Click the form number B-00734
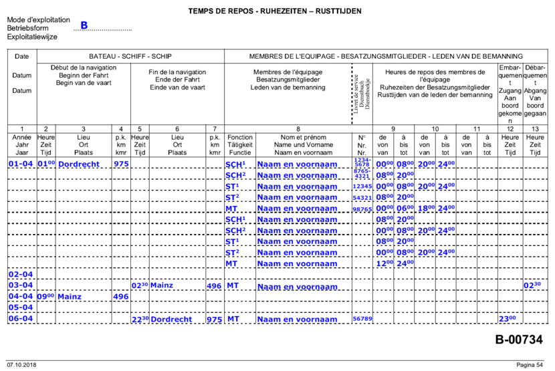point(519,340)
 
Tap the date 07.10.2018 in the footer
point(21,365)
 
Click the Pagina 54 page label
point(530,365)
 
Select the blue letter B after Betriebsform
point(84,25)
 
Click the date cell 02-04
point(19,274)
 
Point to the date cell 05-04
point(19,307)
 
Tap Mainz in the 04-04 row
point(69,296)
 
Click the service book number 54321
point(362,198)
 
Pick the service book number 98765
point(362,209)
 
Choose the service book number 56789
point(362,320)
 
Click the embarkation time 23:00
point(508,319)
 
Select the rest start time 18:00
point(425,209)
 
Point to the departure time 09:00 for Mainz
point(45,296)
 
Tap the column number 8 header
point(298,128)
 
